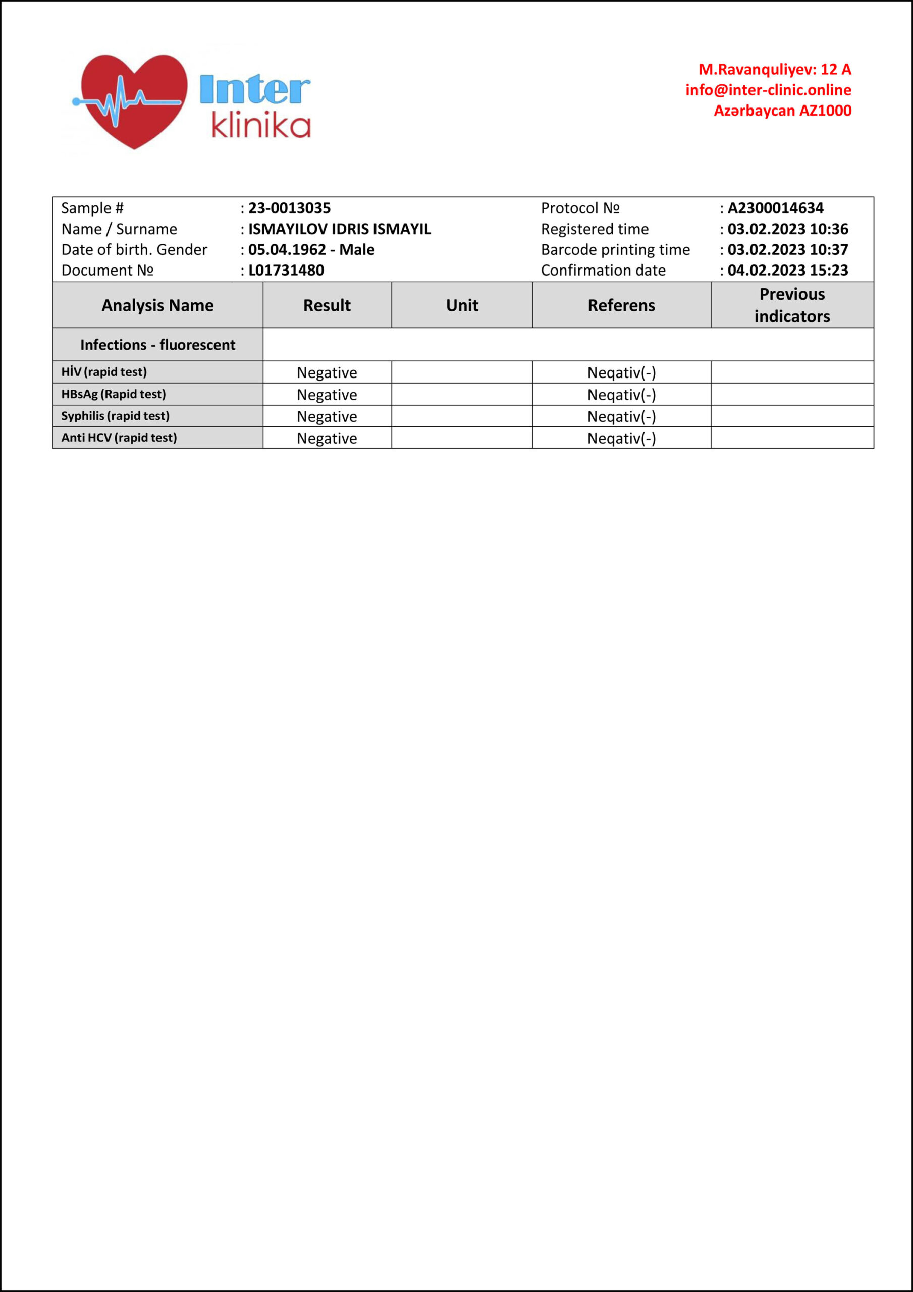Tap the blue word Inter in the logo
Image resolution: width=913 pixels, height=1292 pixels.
click(254, 89)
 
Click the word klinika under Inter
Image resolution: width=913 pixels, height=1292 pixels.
click(261, 126)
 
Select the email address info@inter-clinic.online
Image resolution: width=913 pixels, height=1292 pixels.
click(768, 90)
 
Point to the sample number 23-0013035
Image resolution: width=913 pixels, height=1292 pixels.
click(289, 208)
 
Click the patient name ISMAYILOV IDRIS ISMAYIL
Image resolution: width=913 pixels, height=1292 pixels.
click(340, 229)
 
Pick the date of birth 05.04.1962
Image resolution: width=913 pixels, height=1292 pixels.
click(287, 250)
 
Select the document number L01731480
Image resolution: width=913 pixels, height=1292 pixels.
click(286, 271)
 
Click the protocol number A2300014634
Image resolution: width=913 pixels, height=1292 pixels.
click(775, 208)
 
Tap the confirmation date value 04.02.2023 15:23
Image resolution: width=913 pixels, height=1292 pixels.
click(787, 271)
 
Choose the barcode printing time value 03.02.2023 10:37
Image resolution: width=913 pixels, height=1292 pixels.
click(787, 250)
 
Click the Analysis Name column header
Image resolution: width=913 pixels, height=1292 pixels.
click(157, 305)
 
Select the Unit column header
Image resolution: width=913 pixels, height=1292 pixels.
click(462, 305)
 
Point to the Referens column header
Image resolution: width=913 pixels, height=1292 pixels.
click(621, 305)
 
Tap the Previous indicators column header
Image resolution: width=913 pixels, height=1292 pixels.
click(792, 305)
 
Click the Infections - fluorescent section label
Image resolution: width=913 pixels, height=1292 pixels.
click(157, 345)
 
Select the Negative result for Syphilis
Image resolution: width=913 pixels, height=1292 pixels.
click(327, 417)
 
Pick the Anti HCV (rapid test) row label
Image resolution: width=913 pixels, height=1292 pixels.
click(119, 438)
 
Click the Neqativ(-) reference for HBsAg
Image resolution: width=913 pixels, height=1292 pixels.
click(621, 395)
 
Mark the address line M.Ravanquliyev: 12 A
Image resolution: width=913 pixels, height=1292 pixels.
click(775, 70)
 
